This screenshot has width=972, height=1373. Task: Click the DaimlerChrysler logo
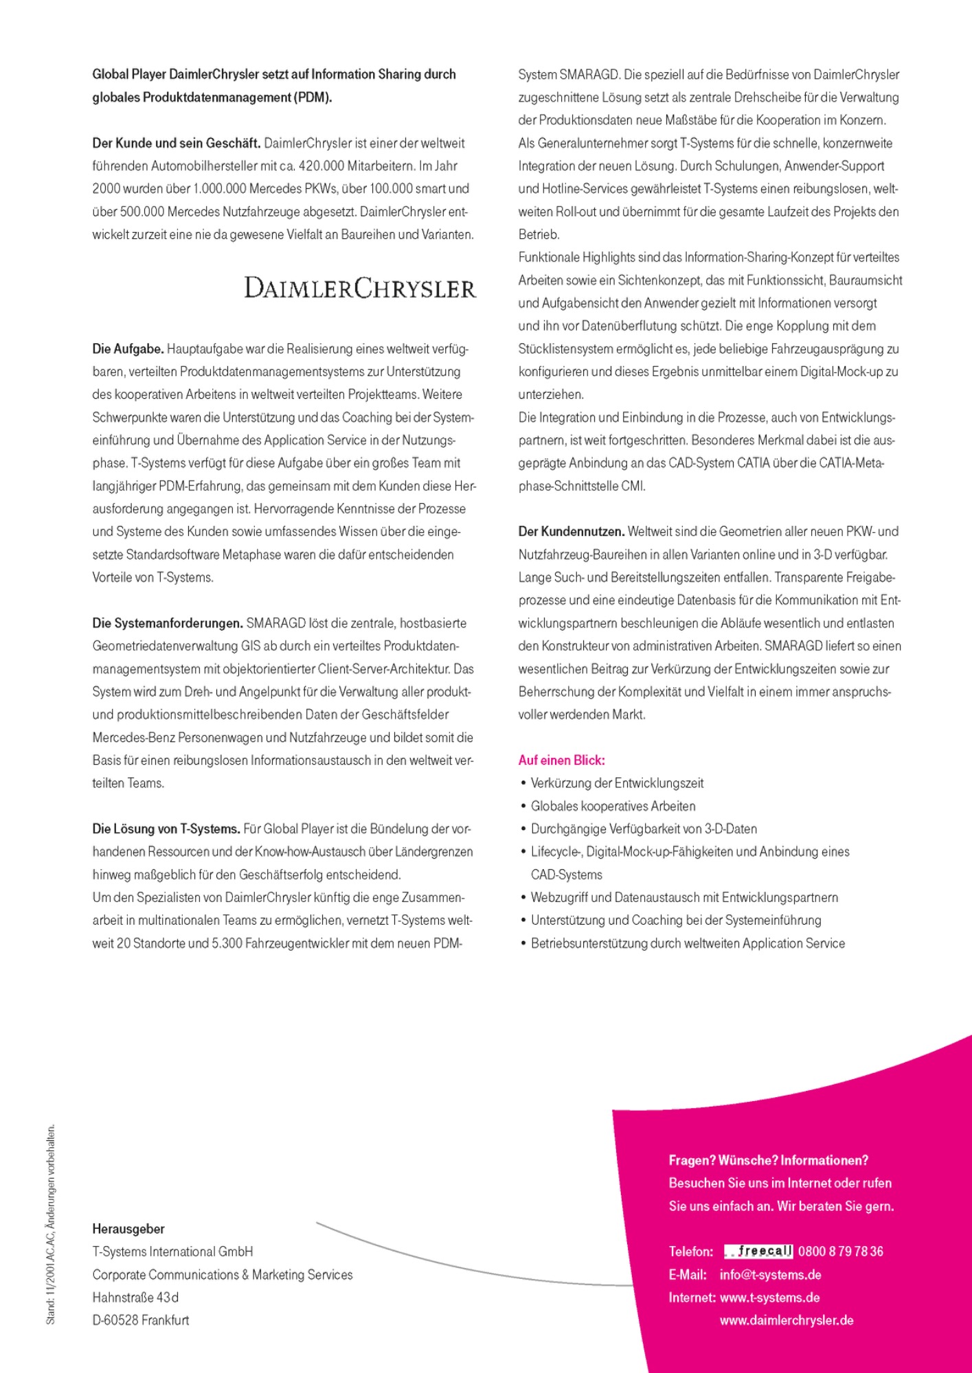click(360, 288)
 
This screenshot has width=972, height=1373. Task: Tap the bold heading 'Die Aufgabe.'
click(128, 349)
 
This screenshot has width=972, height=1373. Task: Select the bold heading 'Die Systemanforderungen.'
click(168, 623)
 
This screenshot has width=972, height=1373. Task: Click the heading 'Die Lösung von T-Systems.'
click(166, 829)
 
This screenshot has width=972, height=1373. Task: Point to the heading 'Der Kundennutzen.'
click(571, 531)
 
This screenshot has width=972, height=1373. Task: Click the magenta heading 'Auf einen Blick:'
click(561, 760)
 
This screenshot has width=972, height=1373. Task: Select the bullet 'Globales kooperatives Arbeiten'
click(613, 806)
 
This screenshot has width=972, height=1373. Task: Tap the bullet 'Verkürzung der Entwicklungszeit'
click(617, 783)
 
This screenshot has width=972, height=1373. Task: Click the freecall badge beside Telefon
click(758, 1251)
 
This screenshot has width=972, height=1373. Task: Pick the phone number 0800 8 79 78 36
click(841, 1251)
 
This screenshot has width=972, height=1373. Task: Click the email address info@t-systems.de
click(770, 1275)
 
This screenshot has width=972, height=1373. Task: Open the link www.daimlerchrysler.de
click(787, 1320)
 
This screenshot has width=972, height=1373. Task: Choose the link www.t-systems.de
click(769, 1297)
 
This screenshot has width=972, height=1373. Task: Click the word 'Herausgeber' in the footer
click(128, 1229)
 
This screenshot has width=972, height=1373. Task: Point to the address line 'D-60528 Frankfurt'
click(141, 1320)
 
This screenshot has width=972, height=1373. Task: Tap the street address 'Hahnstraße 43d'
click(135, 1297)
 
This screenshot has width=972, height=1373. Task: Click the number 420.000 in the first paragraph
click(322, 165)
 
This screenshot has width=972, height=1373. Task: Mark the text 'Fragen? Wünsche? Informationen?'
click(768, 1160)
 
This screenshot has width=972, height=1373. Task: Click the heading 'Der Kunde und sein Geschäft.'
click(176, 143)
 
